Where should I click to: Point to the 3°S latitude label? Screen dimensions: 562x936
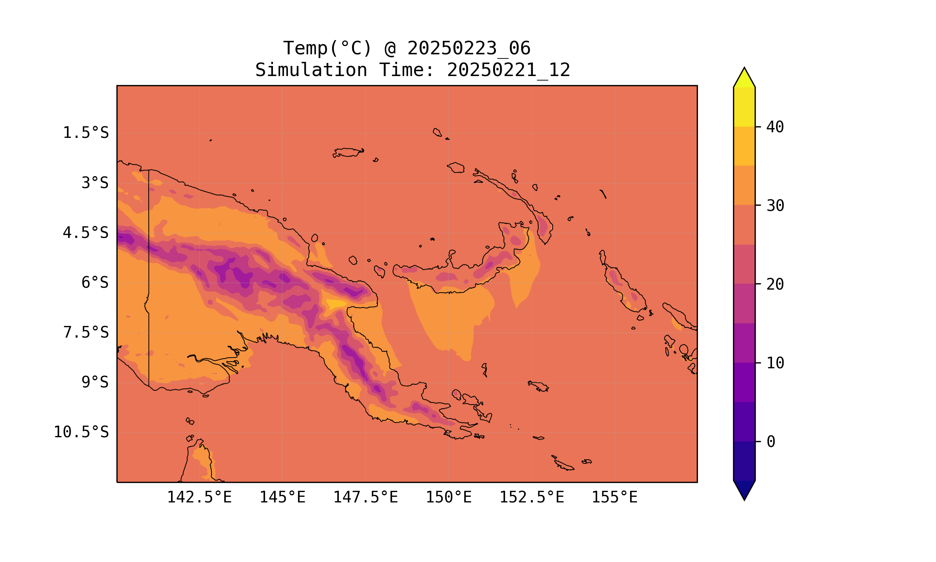tap(95, 183)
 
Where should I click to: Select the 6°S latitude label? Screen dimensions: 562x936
tap(95, 282)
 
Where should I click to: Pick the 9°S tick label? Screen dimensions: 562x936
tap(95, 382)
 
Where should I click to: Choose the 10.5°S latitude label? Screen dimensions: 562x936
tap(81, 432)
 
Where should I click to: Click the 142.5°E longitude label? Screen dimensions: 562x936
tap(200, 497)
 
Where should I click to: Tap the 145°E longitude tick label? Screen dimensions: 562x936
tap(282, 497)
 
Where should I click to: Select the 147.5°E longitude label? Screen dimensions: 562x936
tap(365, 497)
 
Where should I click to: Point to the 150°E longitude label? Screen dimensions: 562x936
tap(449, 497)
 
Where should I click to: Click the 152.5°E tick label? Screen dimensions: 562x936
tap(532, 497)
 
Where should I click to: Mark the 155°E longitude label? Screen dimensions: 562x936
tap(614, 497)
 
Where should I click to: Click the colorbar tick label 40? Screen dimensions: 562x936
tap(775, 127)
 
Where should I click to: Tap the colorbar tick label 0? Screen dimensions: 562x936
tap(771, 442)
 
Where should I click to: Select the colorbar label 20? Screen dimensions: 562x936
tap(775, 284)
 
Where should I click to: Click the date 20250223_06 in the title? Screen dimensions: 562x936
tap(469, 48)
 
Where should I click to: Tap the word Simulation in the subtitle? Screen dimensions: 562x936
tap(311, 70)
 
